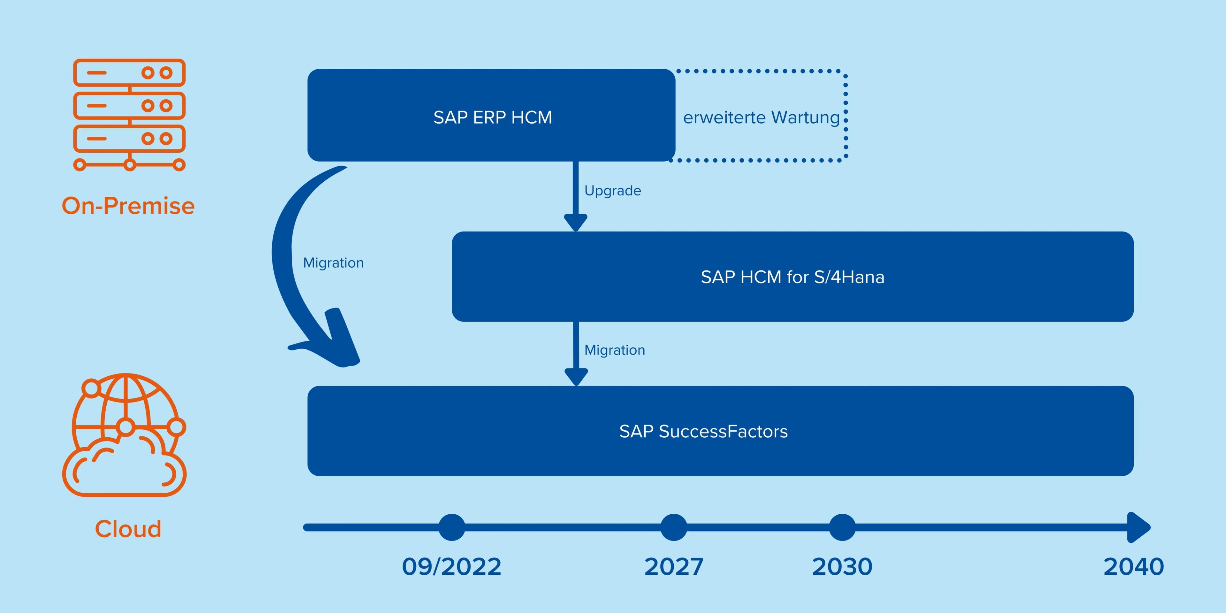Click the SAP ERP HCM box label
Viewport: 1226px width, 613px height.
pos(493,117)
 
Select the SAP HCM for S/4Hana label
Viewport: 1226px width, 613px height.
pos(792,277)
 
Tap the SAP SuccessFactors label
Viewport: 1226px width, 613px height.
pos(703,431)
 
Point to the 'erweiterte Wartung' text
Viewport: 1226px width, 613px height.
pos(761,117)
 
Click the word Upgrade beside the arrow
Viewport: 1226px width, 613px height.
pos(613,191)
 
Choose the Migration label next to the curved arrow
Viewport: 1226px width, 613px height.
pos(333,263)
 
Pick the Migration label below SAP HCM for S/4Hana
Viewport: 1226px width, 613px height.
pos(614,350)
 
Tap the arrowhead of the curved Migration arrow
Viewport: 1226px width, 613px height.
pos(329,343)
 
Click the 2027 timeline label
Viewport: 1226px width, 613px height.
pos(673,566)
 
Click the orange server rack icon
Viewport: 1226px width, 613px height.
pos(129,115)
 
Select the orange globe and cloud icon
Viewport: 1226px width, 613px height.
pos(124,435)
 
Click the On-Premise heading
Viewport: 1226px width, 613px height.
pos(128,206)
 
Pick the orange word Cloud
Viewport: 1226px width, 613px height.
pos(128,529)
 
